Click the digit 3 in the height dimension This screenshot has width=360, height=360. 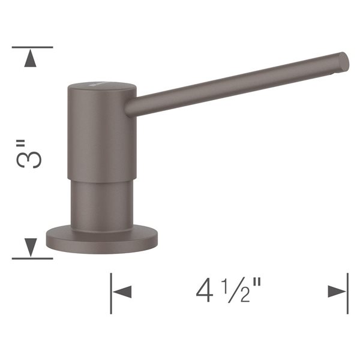click(29, 160)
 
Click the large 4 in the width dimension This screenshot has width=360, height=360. click(204, 290)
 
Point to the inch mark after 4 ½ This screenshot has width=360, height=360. click(257, 283)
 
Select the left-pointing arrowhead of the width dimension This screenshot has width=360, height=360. click(122, 292)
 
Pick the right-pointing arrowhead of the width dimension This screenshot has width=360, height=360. click(337, 292)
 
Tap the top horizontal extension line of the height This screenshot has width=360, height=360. click(32, 47)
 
